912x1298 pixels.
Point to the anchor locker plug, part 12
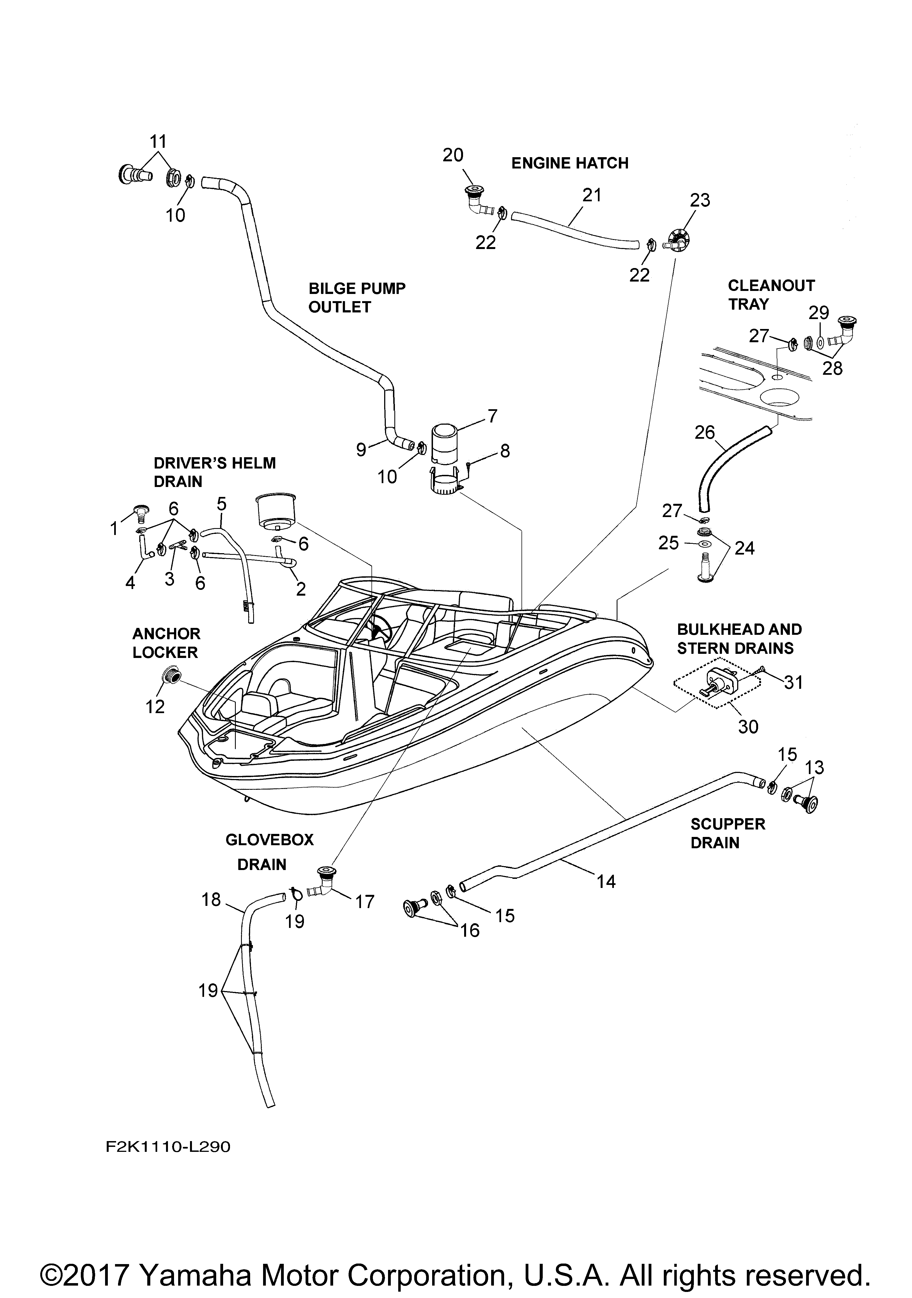click(x=171, y=675)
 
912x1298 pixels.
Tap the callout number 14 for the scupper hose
click(x=606, y=881)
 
